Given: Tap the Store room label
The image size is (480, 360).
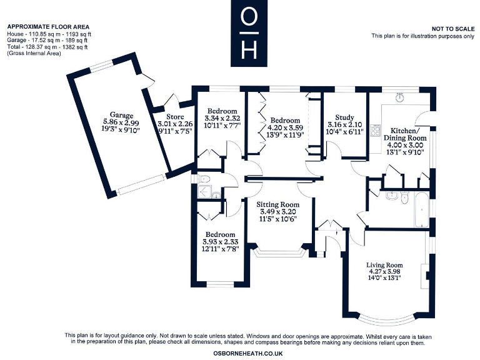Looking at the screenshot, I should coord(175,116).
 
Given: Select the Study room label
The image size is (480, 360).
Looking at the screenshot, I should coord(344,117).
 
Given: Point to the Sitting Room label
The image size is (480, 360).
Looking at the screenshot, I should coord(277,204).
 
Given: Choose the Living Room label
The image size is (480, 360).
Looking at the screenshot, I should coord(384,265).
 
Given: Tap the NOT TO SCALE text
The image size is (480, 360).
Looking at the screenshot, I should coord(452,29).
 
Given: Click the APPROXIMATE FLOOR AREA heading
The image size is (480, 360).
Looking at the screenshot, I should coord(47,26).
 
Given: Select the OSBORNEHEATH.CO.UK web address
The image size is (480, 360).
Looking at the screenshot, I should coord(248,353).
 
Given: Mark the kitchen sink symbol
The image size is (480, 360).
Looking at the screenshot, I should coord(400,97).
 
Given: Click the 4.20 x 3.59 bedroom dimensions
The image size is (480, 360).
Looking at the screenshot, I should coord(286,127).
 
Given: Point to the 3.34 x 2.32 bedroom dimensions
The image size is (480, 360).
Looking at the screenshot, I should coord(222,118).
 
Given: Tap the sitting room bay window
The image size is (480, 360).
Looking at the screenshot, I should coord(277,254).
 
